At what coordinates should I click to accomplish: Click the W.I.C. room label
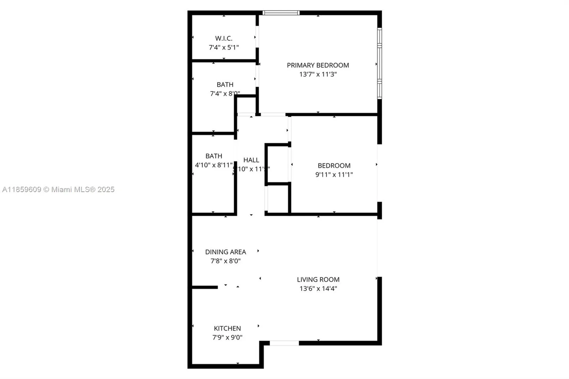pos(224,38)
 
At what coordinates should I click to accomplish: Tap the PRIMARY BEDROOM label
pos(318,65)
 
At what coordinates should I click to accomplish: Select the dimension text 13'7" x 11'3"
pos(318,74)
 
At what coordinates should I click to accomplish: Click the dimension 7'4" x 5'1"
pos(224,47)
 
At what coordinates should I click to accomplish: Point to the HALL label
pos(251,160)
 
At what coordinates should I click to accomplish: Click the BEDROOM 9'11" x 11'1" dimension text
pos(334,175)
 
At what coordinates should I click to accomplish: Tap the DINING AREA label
pos(226,252)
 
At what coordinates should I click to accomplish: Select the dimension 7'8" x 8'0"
pos(226,261)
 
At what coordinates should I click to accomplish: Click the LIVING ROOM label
pos(318,279)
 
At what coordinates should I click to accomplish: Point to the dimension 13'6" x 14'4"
pos(318,289)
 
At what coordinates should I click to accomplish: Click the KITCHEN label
pos(227,328)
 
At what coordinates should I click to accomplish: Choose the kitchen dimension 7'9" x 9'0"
pos(227,337)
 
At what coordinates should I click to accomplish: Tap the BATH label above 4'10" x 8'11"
pos(214,156)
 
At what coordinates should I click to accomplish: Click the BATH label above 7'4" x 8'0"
pos(225,85)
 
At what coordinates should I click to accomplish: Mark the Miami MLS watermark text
pos(58,190)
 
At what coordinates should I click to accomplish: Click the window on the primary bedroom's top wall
pos(281,13)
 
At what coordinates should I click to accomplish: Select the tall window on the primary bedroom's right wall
pos(380,63)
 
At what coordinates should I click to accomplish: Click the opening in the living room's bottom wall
pos(284,343)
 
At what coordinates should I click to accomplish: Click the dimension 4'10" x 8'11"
pos(214,165)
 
